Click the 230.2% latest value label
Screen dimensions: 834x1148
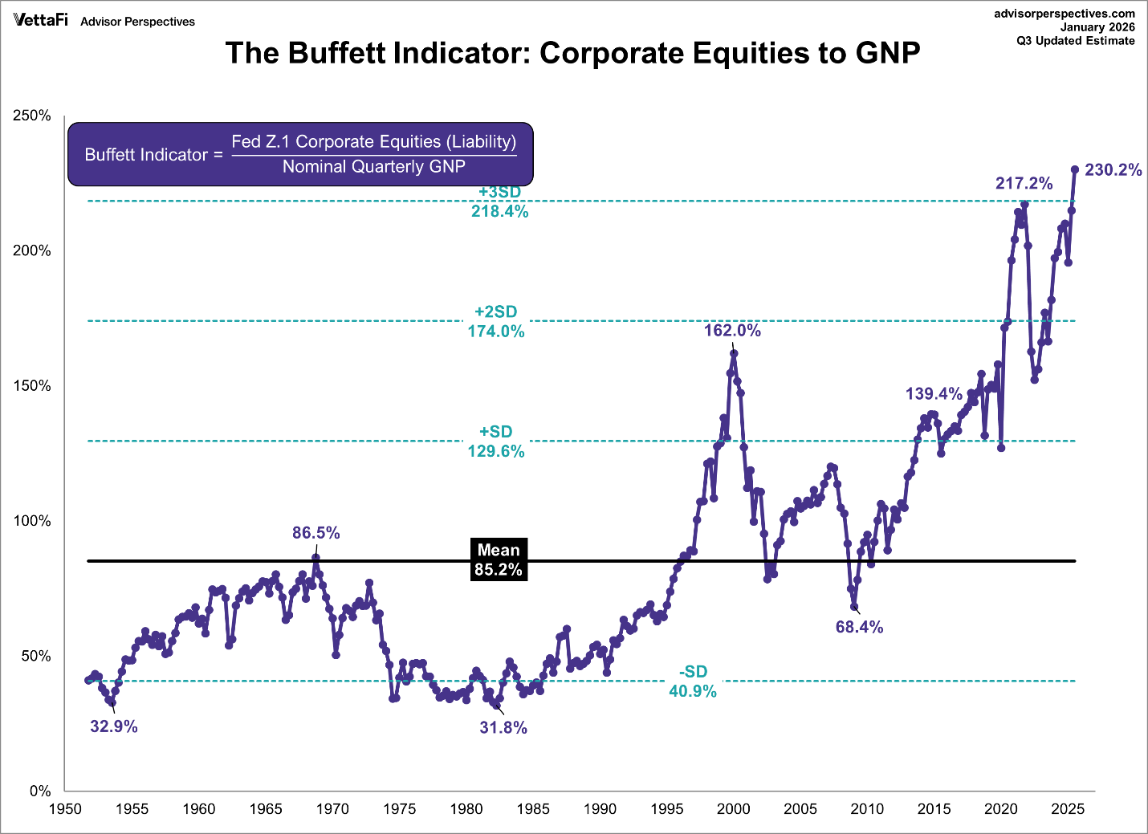pos(1113,170)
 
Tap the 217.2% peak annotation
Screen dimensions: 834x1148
pos(1024,184)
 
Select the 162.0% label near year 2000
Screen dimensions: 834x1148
pos(732,331)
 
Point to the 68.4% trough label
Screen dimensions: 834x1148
pos(859,628)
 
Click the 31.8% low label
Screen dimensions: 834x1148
pos(503,728)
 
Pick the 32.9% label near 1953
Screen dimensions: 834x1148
pos(114,727)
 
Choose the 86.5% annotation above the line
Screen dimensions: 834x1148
pos(315,533)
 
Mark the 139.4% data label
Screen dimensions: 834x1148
pos(934,394)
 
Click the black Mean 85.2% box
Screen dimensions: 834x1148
pos(499,560)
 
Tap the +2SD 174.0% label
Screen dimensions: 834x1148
pos(496,322)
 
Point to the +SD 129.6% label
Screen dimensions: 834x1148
pos(496,441)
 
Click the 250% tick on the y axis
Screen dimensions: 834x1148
pos(32,116)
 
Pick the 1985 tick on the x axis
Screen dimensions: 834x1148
pos(533,809)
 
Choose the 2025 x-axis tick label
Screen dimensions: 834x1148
pos(1068,809)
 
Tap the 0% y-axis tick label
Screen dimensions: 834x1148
pos(40,791)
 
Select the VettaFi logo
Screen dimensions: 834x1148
pos(40,20)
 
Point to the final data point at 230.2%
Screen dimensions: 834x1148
pos(1075,169)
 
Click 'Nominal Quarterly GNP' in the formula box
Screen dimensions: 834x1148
pos(373,167)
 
